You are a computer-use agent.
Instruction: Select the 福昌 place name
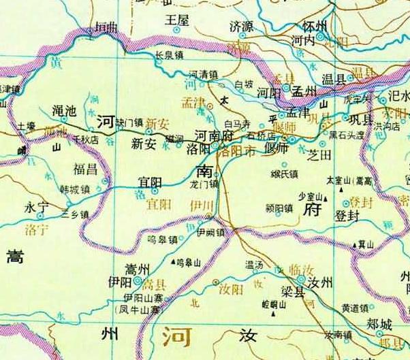pyautogui.click(x=86, y=167)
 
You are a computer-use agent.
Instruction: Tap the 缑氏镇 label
pyautogui.click(x=285, y=174)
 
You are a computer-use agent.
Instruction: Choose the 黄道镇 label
pyautogui.click(x=355, y=307)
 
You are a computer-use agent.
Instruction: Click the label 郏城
pyautogui.click(x=380, y=325)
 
